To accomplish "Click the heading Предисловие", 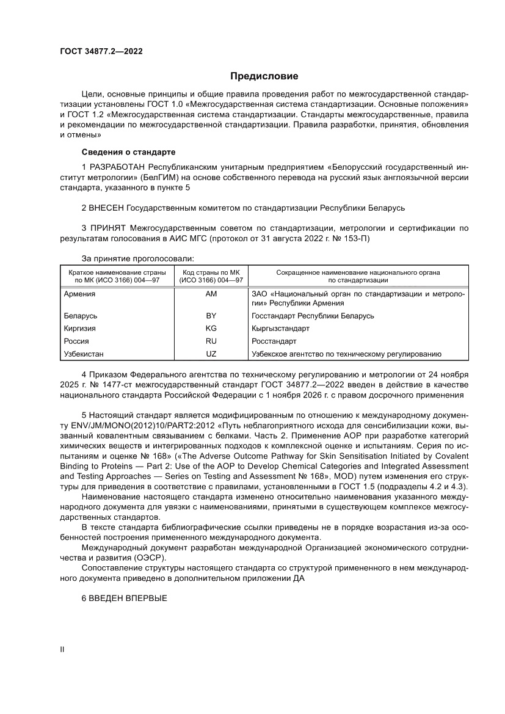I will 264,76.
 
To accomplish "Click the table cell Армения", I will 79,294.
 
